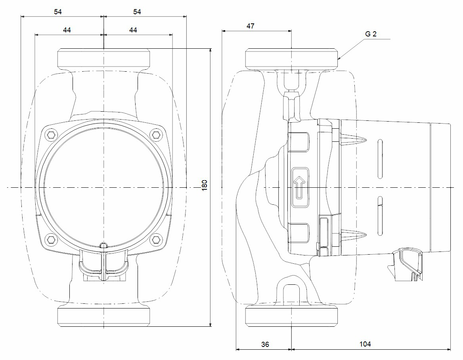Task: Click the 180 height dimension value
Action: [205, 186]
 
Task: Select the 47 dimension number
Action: [250, 26]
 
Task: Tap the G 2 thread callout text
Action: [371, 34]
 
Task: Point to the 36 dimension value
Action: [265, 345]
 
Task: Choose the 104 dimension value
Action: [365, 345]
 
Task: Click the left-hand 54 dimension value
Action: [58, 12]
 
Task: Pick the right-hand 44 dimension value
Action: [133, 30]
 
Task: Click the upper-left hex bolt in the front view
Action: [50, 135]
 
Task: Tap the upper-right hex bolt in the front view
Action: [157, 135]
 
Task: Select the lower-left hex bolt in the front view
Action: [50, 239]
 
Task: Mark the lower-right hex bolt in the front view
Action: [157, 239]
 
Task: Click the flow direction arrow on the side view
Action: [299, 187]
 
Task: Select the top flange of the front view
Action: [103, 58]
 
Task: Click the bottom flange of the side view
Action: [292, 316]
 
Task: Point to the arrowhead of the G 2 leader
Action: [338, 59]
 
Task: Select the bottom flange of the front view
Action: [103, 316]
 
